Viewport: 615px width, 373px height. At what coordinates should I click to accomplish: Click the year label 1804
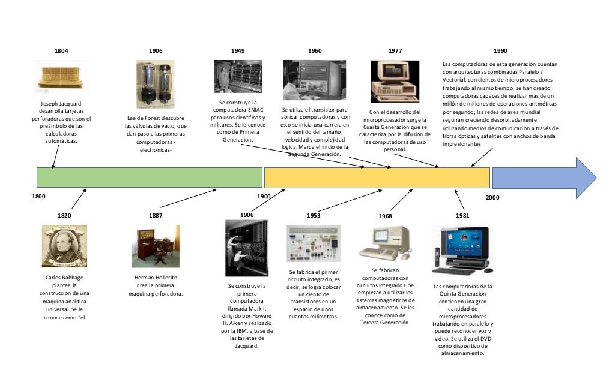tap(61, 51)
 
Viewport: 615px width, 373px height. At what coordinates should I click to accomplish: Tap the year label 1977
tap(395, 51)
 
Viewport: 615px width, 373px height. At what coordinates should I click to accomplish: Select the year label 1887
tap(156, 215)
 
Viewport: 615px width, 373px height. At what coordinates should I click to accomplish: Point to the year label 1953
tap(313, 215)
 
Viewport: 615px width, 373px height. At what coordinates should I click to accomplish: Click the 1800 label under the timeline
tap(39, 196)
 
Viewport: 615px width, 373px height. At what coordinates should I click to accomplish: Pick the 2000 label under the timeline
tap(492, 197)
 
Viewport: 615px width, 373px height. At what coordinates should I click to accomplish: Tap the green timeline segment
tap(149, 178)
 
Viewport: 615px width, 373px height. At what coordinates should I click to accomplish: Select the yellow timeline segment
tap(375, 178)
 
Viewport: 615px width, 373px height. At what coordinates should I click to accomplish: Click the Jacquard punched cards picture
tap(61, 77)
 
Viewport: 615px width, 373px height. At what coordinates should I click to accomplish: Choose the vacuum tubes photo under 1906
tap(156, 83)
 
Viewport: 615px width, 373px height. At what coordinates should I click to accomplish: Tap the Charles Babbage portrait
tap(64, 246)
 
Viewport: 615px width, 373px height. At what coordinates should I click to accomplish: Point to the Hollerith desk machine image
tap(155, 246)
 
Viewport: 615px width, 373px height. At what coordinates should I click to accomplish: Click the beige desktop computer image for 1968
tap(386, 243)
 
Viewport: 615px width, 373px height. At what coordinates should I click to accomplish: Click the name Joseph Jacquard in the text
tap(61, 103)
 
